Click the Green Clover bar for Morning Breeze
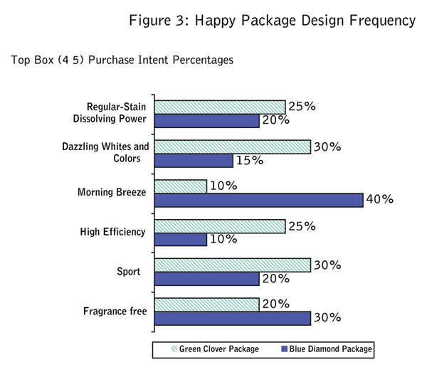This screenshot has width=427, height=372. pos(180,186)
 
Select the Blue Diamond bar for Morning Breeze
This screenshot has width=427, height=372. pos(258,199)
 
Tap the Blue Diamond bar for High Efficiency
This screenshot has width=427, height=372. pos(180,239)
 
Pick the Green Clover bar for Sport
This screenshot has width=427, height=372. pos(232,265)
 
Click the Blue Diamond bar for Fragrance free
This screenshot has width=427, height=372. pos(232,318)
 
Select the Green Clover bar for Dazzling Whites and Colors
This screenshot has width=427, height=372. pos(232,147)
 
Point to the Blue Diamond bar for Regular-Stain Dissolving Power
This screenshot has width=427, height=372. pos(206,120)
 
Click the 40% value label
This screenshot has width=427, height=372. pos(379,199)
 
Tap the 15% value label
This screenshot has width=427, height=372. pos(249,160)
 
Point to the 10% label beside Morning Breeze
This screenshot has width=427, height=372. pos(223,186)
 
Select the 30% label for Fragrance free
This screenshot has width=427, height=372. pos(327,318)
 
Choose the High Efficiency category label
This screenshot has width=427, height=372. pos(113,232)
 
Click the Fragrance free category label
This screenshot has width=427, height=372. pos(114,311)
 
